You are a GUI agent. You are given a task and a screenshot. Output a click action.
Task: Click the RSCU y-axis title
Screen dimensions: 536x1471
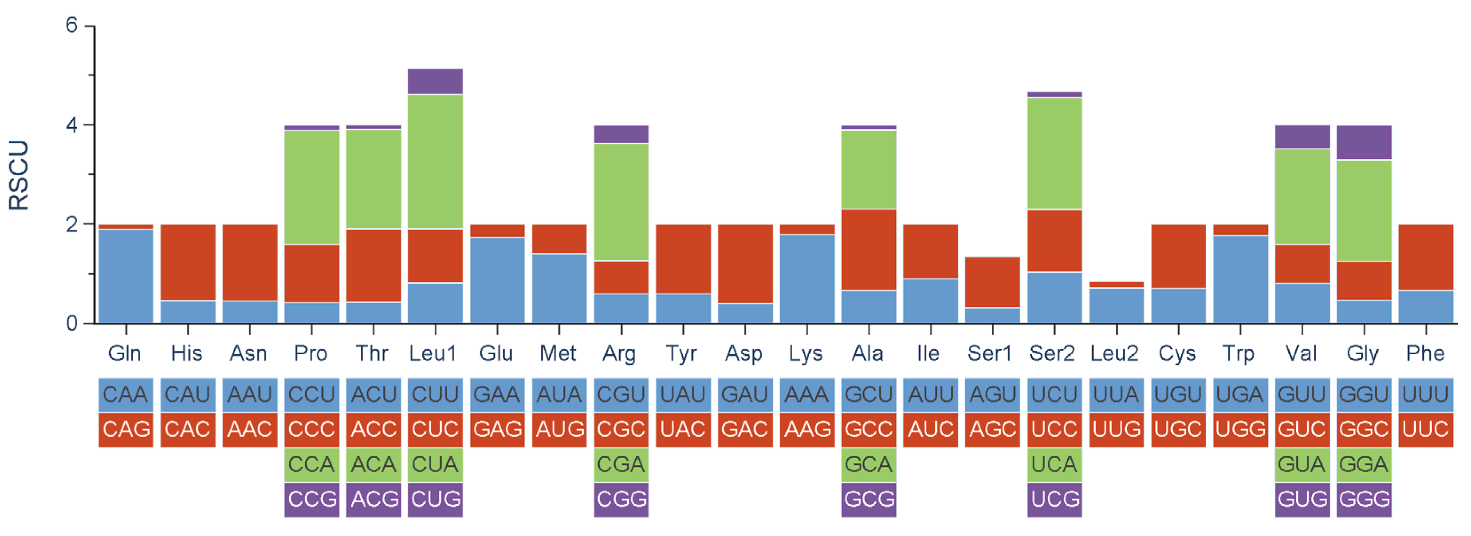[x=18, y=175]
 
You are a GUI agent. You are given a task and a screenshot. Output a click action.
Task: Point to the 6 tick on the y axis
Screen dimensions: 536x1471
[x=72, y=25]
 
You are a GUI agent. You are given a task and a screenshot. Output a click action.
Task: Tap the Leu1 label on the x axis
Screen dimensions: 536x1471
[x=433, y=353]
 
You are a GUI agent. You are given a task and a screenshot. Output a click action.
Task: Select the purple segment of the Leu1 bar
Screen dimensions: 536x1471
[x=435, y=81]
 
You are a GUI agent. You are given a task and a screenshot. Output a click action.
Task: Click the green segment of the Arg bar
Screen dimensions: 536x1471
[x=621, y=202]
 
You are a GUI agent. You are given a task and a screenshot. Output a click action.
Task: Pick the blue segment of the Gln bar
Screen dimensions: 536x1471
[x=126, y=276]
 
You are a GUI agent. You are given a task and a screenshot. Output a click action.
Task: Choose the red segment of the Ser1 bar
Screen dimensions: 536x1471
[x=992, y=282]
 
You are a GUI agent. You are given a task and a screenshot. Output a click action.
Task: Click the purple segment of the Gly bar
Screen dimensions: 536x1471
[x=1364, y=142]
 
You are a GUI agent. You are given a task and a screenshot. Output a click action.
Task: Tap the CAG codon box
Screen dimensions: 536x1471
[x=126, y=429]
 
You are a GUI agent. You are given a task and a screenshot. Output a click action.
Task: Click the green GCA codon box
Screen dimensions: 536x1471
[x=869, y=465]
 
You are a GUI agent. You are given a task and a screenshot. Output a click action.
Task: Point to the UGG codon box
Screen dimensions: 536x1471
[x=1240, y=429]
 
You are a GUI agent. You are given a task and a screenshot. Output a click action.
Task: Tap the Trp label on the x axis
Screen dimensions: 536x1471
[x=1239, y=353]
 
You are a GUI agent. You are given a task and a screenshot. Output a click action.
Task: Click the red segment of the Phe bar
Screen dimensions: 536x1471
[x=1425, y=257]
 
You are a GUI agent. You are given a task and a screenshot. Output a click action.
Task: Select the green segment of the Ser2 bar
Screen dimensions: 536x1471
[x=1054, y=153]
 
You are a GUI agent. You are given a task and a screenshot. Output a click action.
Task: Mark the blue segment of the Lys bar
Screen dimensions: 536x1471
[x=807, y=278]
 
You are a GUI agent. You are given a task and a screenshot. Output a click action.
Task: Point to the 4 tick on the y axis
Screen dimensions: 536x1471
[x=72, y=125]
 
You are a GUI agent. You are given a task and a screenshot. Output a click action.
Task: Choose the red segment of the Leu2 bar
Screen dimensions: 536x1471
[x=1117, y=284]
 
